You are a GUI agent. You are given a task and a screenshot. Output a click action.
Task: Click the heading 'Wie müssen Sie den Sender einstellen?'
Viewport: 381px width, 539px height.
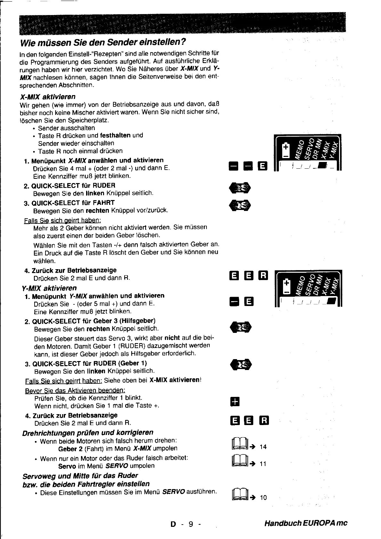(103, 42)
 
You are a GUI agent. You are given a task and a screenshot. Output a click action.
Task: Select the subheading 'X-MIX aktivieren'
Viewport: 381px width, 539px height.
(48, 97)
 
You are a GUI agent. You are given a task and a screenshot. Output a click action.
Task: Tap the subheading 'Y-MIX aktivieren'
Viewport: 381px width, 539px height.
(48, 288)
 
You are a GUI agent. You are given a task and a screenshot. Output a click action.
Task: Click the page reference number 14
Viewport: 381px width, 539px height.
(263, 447)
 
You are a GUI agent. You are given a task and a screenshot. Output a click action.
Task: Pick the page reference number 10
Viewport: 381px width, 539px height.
(263, 497)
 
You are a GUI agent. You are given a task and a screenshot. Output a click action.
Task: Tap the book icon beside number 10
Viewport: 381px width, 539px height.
(237, 496)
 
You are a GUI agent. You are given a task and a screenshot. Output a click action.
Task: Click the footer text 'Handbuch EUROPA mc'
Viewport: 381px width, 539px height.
(306, 523)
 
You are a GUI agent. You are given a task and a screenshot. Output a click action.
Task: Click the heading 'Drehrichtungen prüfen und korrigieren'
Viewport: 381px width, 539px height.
(88, 433)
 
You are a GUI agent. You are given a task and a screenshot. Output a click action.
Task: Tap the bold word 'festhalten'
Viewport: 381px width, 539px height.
(115, 135)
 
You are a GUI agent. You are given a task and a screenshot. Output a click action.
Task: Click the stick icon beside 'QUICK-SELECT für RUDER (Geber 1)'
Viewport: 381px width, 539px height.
(241, 365)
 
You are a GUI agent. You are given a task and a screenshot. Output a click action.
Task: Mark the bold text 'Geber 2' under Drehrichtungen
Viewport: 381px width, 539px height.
(71, 448)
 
